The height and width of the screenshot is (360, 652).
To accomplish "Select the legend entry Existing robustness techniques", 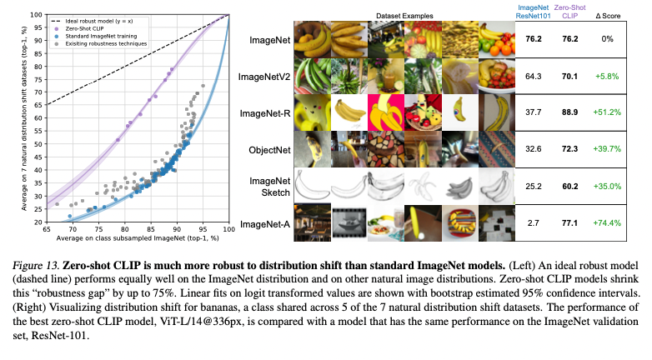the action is pos(101,43).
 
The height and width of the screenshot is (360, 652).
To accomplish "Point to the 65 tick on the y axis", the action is pos(38,105).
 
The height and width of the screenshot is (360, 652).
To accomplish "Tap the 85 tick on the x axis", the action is pos(151,229).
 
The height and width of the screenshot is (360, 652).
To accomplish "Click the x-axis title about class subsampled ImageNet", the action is pos(138,238).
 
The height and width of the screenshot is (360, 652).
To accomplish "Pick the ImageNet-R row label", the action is pos(265,113).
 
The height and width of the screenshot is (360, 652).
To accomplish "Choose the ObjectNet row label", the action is pos(269,150).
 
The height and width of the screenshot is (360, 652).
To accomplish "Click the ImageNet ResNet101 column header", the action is pos(533,12).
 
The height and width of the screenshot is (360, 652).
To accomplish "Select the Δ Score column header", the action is pos(608,16).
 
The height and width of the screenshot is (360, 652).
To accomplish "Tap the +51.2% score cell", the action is pos(607,112).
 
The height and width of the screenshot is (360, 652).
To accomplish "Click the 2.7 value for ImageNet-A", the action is pos(533,223).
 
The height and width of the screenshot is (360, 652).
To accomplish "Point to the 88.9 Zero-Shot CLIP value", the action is pos(569,112).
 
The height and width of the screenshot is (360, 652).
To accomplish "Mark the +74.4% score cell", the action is pos(607,223).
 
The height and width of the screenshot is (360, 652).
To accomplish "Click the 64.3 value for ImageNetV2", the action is pos(533,77).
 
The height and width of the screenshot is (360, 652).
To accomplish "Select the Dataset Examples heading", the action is pos(404,16).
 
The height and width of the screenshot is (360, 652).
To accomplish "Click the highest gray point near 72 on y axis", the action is pos(203,86).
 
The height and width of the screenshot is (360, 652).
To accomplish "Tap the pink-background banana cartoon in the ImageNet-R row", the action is pos(386,112).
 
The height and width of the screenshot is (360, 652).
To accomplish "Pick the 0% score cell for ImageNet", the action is pos(607,39).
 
